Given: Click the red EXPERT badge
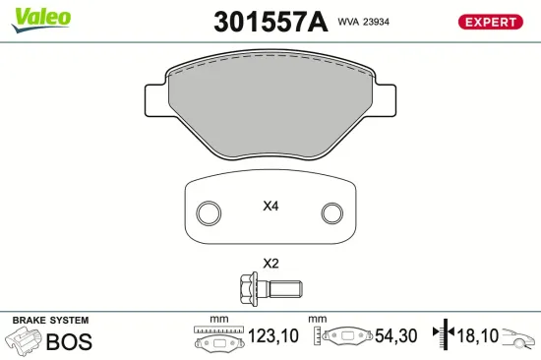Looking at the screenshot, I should tap(489, 21).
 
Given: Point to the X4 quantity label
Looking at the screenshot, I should tap(271, 207).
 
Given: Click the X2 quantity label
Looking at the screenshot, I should tap(270, 264).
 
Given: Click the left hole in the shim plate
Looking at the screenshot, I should tap(208, 212).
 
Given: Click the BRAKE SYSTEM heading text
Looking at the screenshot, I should tap(49, 321).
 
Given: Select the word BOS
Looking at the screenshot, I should tap(70, 341).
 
